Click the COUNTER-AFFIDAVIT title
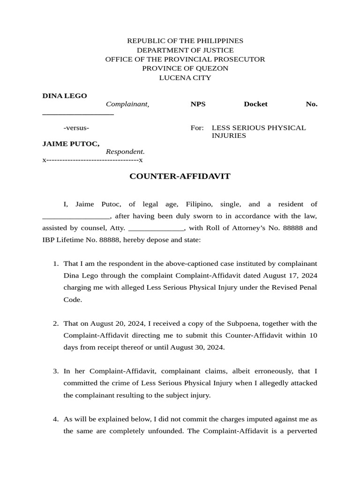[x=180, y=176]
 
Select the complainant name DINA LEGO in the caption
[x=65, y=96]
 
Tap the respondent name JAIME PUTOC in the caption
[x=71, y=144]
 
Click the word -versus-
[x=76, y=127]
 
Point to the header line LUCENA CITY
[x=185, y=78]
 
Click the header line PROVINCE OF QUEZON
[x=185, y=68]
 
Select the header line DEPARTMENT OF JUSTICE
[x=185, y=50]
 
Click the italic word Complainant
[x=127, y=104]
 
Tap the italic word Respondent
[x=125, y=152]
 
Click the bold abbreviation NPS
[x=198, y=104]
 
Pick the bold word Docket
[x=255, y=104]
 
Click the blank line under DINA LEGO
[x=78, y=113]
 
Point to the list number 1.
[x=55, y=263]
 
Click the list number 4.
[x=55, y=419]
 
